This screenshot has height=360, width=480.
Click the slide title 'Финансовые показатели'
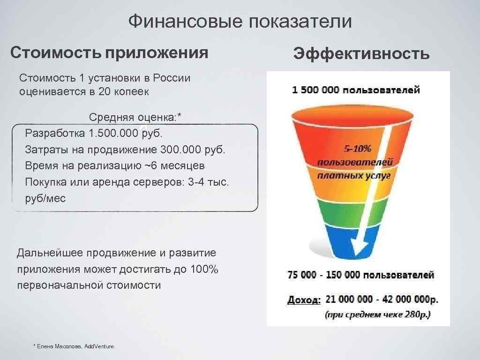pos(240,21)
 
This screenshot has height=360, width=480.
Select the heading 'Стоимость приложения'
pos(109,52)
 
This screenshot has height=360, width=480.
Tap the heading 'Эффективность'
pos(361,54)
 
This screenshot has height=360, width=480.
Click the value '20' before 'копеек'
pos(105,91)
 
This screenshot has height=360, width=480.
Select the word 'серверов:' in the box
pos(162,182)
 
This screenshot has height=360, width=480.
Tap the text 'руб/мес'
pos(45,198)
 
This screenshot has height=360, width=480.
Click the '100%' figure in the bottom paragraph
pos(204,270)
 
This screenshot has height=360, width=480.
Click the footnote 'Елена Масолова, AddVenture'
pos(75,346)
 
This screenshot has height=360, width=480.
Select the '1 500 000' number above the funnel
pos(315,90)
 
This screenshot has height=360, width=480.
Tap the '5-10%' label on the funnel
pos(358,149)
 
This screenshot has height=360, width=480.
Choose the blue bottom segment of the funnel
pos(337,241)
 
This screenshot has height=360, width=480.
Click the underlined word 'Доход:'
pos(304,299)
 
